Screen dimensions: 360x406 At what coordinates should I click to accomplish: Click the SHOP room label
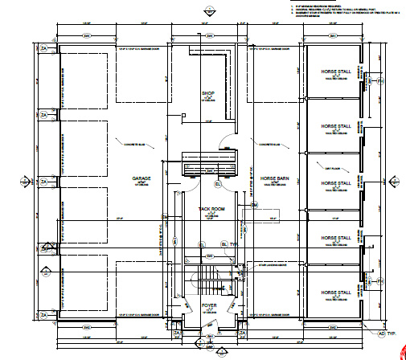pyautogui.click(x=207, y=94)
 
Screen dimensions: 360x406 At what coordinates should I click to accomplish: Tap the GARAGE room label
pyautogui.click(x=130, y=179)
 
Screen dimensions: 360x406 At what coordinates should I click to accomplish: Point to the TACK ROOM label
pyautogui.click(x=211, y=209)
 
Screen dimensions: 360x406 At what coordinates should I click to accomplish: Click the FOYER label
pyautogui.click(x=209, y=306)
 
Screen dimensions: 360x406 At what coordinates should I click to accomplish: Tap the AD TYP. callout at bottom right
pyautogui.click(x=391, y=331)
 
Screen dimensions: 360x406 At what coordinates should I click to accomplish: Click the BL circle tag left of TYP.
pyautogui.click(x=202, y=243)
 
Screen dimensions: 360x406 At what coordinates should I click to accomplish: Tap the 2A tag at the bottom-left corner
pyautogui.click(x=45, y=313)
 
